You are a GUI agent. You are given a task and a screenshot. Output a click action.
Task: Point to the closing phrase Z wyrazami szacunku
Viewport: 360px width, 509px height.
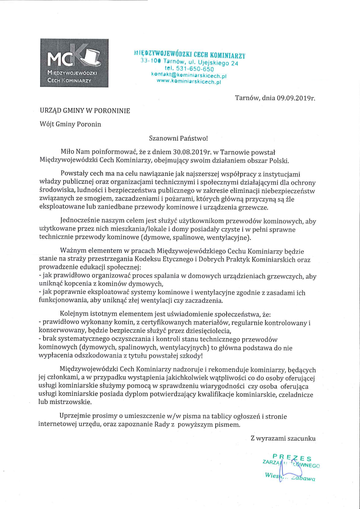coord(283,438)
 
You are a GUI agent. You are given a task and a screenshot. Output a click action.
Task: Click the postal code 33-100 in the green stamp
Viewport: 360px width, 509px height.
coord(148,61)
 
